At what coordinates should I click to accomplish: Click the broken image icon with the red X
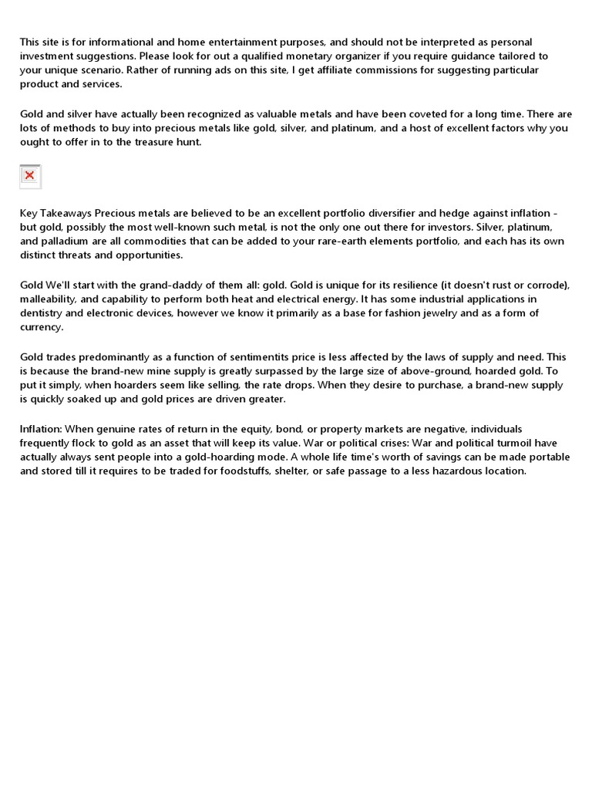[x=29, y=176]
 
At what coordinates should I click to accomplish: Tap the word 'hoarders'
[x=141, y=384]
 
